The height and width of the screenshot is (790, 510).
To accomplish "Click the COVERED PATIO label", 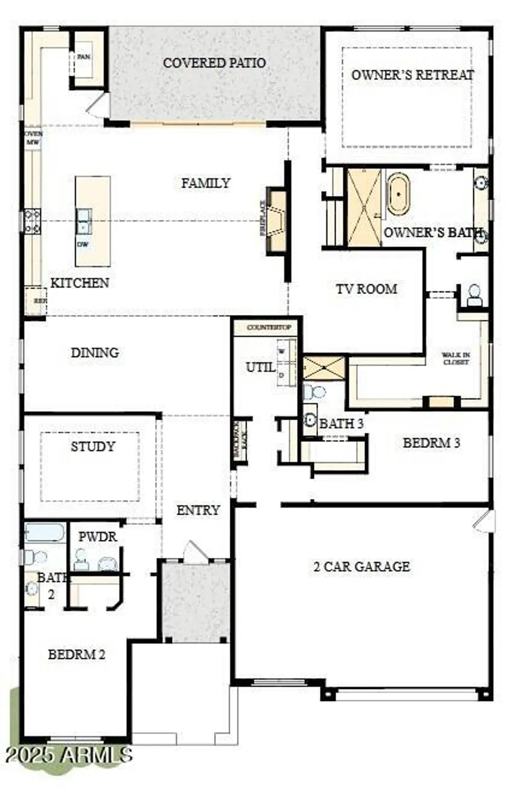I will pyautogui.click(x=214, y=63).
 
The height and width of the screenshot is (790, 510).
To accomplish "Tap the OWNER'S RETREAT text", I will pyautogui.click(x=413, y=75).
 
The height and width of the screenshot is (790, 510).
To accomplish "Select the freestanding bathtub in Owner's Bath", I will pyautogui.click(x=398, y=194).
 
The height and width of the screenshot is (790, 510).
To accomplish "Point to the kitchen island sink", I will pyautogui.click(x=84, y=221).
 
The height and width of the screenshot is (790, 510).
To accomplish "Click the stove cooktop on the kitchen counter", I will pyautogui.click(x=32, y=221).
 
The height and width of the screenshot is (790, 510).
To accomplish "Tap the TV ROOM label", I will pyautogui.click(x=367, y=289).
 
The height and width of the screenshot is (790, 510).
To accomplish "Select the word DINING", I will pyautogui.click(x=95, y=352).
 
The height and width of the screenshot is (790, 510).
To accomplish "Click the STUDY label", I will pyautogui.click(x=93, y=447).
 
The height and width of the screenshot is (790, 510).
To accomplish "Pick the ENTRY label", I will pyautogui.click(x=198, y=510).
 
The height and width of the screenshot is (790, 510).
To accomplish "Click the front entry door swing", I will pyautogui.click(x=196, y=552).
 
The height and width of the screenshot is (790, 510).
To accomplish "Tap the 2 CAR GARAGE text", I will pyautogui.click(x=361, y=566).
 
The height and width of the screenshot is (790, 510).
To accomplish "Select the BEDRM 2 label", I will pyautogui.click(x=76, y=654).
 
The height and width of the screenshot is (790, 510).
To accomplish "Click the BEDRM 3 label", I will pyautogui.click(x=431, y=443).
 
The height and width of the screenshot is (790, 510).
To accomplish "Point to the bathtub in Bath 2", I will pyautogui.click(x=45, y=532).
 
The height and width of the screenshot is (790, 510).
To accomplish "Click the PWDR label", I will pyautogui.click(x=97, y=537).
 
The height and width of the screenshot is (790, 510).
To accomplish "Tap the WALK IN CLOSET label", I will pyautogui.click(x=456, y=359).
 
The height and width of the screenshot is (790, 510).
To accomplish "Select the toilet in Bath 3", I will pyautogui.click(x=316, y=391).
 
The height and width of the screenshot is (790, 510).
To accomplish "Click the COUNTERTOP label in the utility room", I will pyautogui.click(x=269, y=328).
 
